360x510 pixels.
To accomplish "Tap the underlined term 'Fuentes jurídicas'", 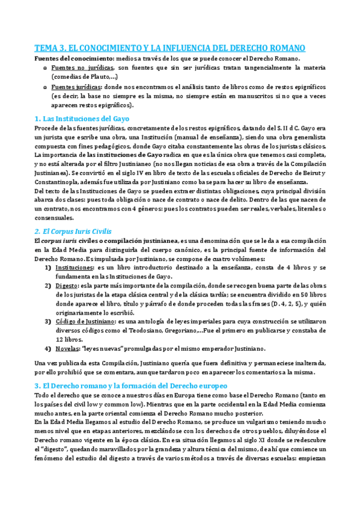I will point(77,88).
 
